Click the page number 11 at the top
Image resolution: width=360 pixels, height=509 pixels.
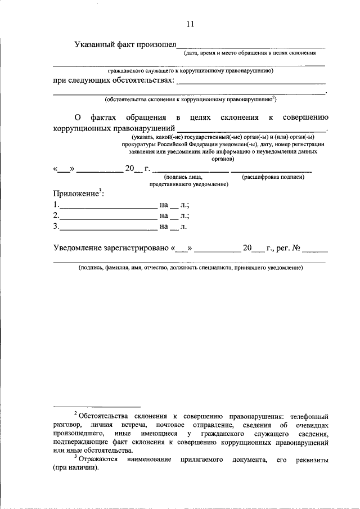[190, 24]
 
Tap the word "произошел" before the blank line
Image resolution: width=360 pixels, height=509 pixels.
[153, 45]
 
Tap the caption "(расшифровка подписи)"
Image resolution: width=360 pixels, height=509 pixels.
[273, 177]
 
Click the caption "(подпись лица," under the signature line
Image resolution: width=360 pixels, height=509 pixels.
[180, 177]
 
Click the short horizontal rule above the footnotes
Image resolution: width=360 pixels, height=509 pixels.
[96, 406]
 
